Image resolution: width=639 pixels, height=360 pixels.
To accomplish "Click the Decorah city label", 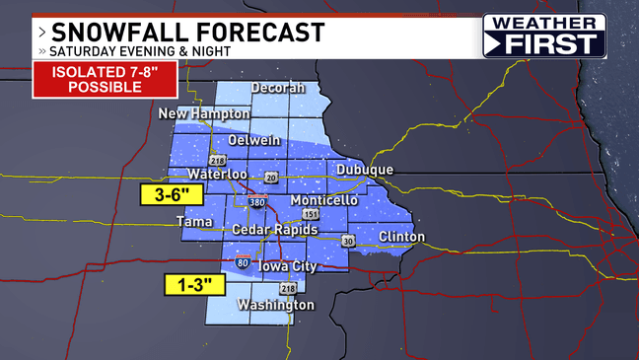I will (277, 88).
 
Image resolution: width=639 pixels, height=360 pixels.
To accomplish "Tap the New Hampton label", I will (198, 115).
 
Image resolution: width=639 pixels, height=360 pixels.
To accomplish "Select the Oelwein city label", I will (264, 140).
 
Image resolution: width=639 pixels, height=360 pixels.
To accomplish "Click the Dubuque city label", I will (364, 171).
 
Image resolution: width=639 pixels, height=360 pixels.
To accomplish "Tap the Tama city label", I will (193, 222).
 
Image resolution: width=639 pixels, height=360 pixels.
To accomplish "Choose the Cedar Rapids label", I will (275, 230).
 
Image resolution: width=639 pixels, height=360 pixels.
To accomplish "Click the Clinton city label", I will (401, 237).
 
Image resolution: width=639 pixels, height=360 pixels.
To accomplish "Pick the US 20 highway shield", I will (270, 177).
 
